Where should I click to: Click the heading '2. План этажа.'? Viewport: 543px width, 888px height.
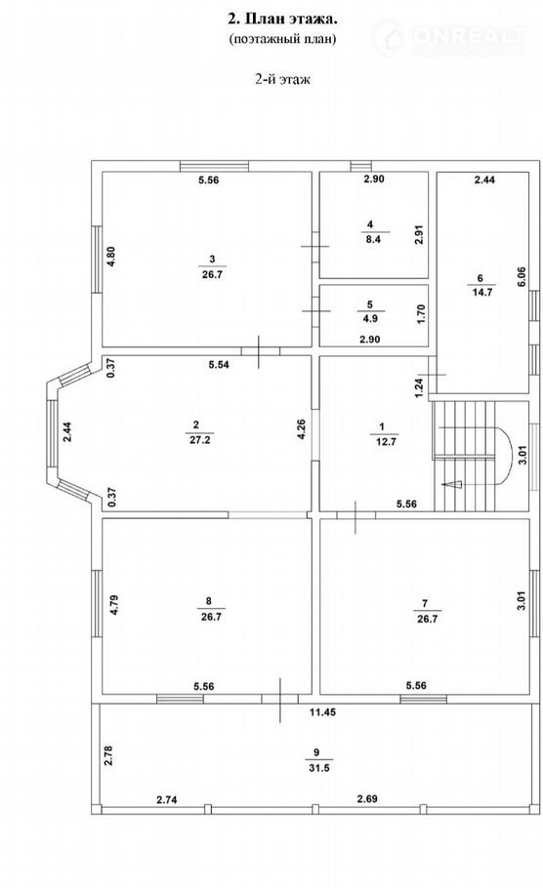coord(282,20)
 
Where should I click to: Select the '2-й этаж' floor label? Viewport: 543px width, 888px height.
coord(282,79)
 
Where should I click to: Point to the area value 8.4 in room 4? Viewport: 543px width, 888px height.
coord(372,239)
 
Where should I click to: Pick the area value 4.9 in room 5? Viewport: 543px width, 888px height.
coord(371,318)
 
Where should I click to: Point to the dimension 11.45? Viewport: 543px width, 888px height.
coord(322,712)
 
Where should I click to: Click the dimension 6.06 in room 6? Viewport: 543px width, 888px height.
coord(522,277)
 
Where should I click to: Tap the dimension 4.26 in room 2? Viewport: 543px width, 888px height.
coord(302,429)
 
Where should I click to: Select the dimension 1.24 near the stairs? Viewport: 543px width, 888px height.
coord(419,388)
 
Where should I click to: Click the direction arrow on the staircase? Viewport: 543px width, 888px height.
coord(452,484)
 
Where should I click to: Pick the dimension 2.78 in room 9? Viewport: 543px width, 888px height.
coord(109,755)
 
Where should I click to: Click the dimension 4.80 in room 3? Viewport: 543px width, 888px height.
coord(111,256)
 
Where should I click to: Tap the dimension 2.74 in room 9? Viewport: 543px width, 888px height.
coord(167,799)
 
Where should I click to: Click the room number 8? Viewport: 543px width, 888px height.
coord(209,601)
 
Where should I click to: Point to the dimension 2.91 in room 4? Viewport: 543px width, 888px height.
coord(419,234)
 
